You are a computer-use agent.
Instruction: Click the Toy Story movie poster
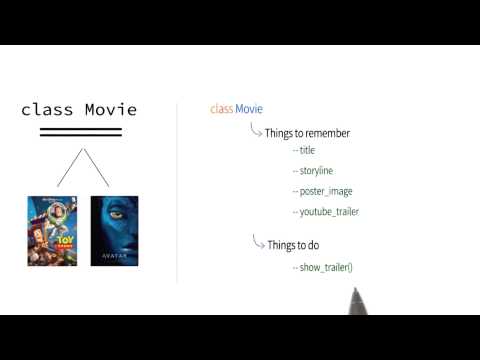(52, 230)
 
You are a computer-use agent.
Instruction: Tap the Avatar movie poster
(114, 230)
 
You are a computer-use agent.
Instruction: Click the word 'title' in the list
(305, 150)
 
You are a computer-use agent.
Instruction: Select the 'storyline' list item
(315, 170)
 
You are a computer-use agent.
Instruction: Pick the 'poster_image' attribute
(323, 191)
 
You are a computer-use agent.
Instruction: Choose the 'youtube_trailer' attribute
(327, 211)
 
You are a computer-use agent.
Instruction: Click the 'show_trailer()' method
(324, 267)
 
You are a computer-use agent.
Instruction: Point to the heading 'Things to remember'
(307, 132)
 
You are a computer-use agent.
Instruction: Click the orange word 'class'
(221, 108)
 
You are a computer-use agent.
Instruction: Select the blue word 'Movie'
(249, 108)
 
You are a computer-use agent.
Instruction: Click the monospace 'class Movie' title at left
(79, 110)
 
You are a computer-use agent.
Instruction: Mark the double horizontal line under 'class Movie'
(80, 131)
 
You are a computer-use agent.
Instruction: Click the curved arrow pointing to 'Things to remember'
(255, 128)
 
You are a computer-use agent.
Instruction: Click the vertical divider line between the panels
(177, 190)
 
